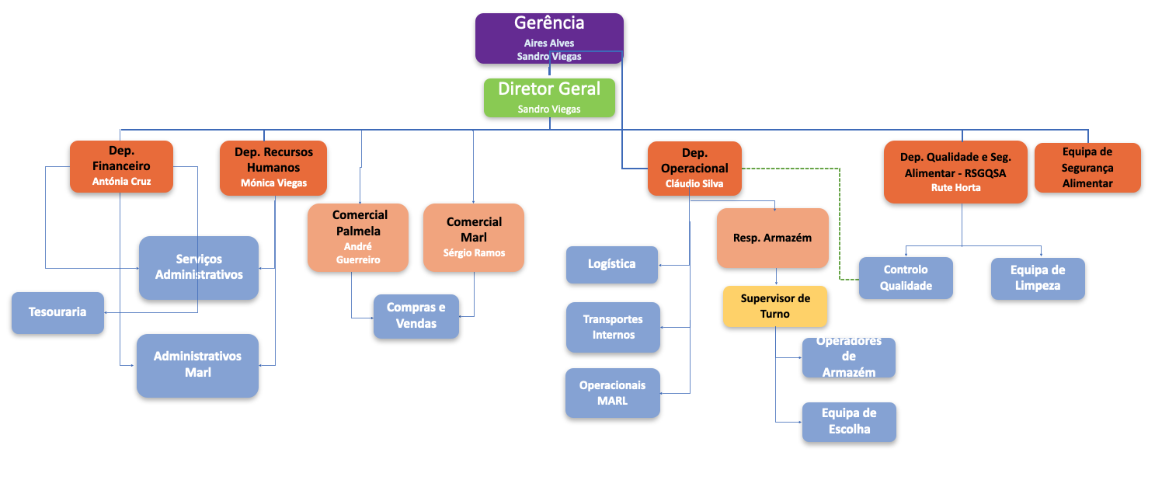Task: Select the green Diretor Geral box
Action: [x=549, y=97]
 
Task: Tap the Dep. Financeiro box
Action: [x=121, y=166]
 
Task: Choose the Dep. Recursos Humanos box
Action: [x=273, y=168]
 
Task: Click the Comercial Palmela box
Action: [x=358, y=237]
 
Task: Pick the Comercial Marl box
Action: [x=474, y=237]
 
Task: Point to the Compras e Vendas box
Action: [x=416, y=316]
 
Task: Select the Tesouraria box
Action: [x=57, y=312]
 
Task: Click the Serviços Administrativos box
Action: [x=199, y=267]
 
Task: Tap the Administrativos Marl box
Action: [x=197, y=364]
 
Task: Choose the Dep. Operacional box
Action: [x=695, y=168]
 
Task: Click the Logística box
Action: [x=611, y=264]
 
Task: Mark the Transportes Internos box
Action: [x=613, y=327]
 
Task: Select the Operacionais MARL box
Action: [x=612, y=392]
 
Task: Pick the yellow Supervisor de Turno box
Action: [x=775, y=306]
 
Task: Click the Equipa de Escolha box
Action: [x=849, y=422]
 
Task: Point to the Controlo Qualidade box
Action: [x=906, y=278]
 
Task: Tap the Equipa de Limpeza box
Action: [x=1038, y=278]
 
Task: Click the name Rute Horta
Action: [x=955, y=187]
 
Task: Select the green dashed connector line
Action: [x=840, y=225]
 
